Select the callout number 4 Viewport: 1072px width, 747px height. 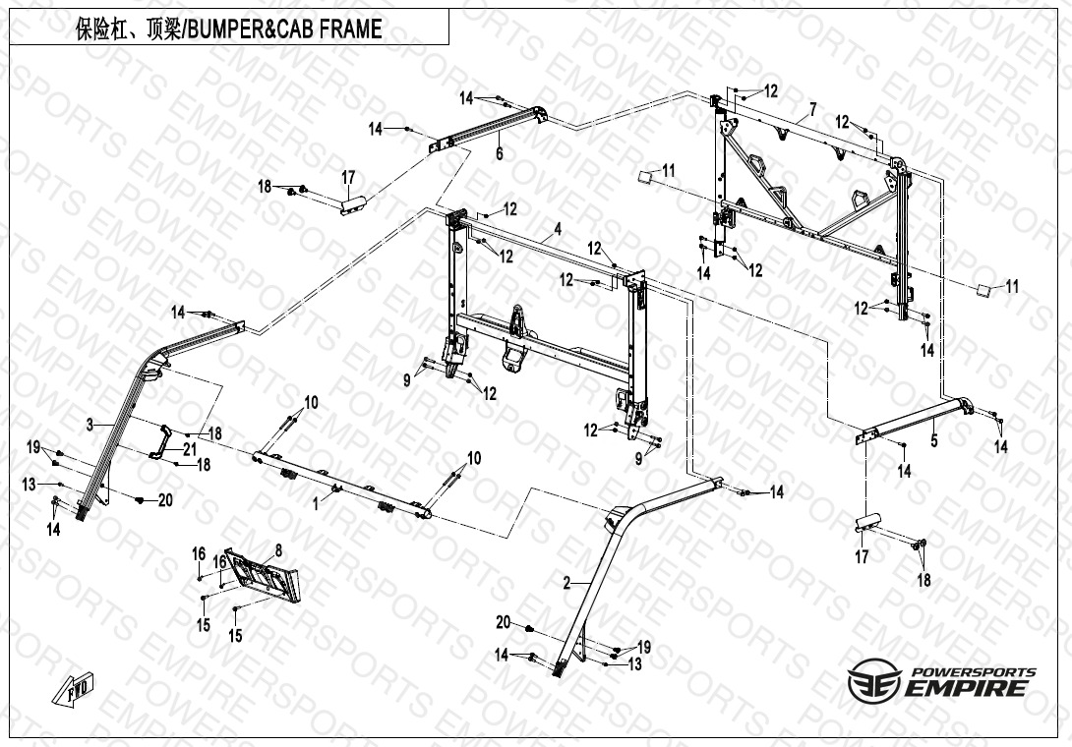tap(558, 229)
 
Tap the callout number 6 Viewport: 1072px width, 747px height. tap(500, 154)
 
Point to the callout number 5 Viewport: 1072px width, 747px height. tap(934, 441)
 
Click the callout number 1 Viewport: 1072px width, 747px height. tap(316, 501)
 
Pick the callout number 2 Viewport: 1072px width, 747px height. tap(566, 583)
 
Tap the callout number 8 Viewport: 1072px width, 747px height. tap(278, 550)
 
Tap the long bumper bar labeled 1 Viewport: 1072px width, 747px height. tap(344, 482)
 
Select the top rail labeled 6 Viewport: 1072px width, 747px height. tap(492, 125)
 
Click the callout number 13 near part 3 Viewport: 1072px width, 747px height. tap(30, 484)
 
